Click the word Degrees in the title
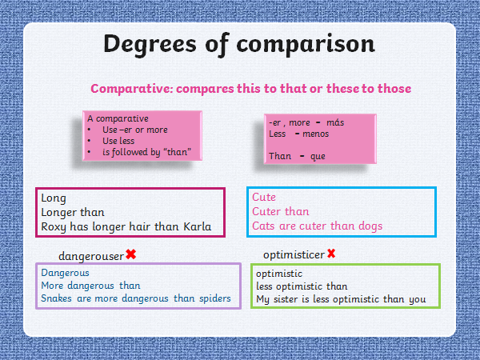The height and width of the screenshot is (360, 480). coord(150,44)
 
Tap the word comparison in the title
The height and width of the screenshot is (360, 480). coord(306,45)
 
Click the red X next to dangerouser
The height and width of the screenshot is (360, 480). coord(131,254)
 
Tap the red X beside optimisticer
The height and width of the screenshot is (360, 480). coord(331,254)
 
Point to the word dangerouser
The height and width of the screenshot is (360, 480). coord(91,256)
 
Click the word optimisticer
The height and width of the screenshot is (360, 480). coord(294,254)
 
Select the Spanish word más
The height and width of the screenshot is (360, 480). coord(335,122)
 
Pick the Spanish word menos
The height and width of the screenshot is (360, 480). coord(316,134)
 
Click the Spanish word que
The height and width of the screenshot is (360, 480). coord(318,157)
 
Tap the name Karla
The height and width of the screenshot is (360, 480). coord(198,226)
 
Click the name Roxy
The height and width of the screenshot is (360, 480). coord(54,227)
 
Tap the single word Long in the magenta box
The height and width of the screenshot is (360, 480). coord(54,198)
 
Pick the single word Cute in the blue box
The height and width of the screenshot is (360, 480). coord(264,197)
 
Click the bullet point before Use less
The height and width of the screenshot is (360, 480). coord(89,141)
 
